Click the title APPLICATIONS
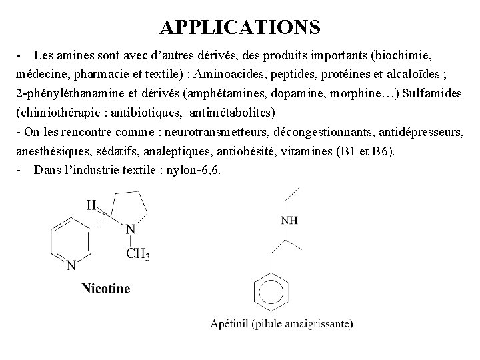pyautogui.click(x=240, y=27)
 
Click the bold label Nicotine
pyautogui.click(x=106, y=288)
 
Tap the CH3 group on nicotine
pyautogui.click(x=138, y=254)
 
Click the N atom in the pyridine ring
pyautogui.click(x=71, y=265)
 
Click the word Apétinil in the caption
pyautogui.click(x=230, y=324)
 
